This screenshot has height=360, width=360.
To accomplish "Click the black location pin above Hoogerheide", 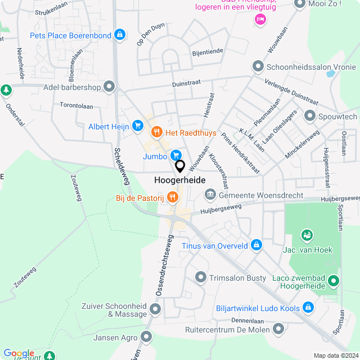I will [x=180, y=166].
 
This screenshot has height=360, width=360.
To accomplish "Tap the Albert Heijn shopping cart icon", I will [x=137, y=127].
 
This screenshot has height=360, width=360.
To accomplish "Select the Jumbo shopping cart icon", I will [x=176, y=154].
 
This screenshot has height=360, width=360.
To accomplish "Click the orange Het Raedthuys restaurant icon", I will [x=156, y=133].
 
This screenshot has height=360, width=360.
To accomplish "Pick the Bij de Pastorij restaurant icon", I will [x=172, y=197].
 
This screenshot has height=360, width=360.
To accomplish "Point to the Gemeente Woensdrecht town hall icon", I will [x=210, y=195].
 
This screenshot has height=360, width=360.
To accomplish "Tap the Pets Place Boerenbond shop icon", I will [x=119, y=35].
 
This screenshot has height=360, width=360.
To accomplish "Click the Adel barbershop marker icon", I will [x=109, y=87].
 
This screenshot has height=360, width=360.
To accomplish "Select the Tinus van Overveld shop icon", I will [x=256, y=245].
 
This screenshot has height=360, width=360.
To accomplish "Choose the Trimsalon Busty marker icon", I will [x=201, y=277].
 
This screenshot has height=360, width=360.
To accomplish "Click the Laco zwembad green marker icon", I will [x=334, y=280].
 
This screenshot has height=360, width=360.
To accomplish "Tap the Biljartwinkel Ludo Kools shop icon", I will [x=308, y=308].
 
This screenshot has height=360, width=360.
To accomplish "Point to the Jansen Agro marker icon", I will [x=147, y=337].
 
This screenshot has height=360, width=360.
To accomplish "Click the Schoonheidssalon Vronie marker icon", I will [x=258, y=66].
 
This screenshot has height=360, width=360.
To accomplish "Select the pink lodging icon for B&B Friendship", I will [x=260, y=20].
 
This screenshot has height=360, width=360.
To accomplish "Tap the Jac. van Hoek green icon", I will [x=307, y=235].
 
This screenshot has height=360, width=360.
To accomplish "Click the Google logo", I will [x=19, y=353].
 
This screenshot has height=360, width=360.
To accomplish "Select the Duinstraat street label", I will [x=186, y=83].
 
